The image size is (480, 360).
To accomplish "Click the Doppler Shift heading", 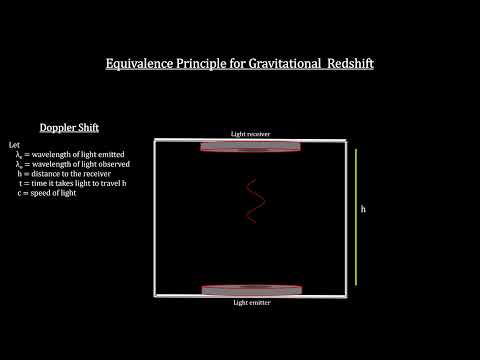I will click(69, 128).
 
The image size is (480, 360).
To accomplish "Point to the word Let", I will click(12, 146).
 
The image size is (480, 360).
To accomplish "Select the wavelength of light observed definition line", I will click(71, 164).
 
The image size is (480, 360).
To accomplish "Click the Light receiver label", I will click(251, 133).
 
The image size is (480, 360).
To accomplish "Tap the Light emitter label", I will click(251, 302).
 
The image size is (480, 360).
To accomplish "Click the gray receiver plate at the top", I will click(251, 146).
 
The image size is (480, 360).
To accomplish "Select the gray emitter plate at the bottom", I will click(251, 290).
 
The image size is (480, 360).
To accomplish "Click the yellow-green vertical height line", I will click(351, 212).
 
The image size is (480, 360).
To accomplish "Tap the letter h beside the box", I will click(365, 210).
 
